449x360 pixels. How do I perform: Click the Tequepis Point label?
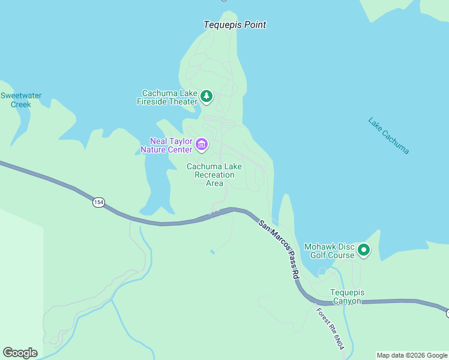[x=235, y=25]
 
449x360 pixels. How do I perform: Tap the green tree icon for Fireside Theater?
[x=206, y=96]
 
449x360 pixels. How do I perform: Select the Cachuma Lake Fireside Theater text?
[x=169, y=97]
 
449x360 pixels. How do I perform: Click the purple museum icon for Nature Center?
[x=202, y=145]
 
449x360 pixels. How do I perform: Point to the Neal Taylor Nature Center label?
[x=166, y=145]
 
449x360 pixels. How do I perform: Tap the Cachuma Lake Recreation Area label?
[x=214, y=175]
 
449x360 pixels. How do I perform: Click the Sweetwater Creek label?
[x=21, y=100]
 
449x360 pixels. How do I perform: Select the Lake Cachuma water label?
[x=388, y=136]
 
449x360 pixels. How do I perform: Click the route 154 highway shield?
[x=98, y=203]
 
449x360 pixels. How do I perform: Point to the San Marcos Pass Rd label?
[x=279, y=248]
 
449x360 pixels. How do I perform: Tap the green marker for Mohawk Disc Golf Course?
[x=363, y=250]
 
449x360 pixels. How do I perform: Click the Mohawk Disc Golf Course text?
[x=330, y=251]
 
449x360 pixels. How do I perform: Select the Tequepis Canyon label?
[x=348, y=296]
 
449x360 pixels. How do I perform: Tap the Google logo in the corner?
[x=20, y=353]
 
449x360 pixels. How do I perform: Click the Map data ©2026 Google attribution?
[x=412, y=355]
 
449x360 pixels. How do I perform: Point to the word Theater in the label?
[x=184, y=101]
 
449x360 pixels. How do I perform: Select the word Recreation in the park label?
[x=214, y=175]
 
